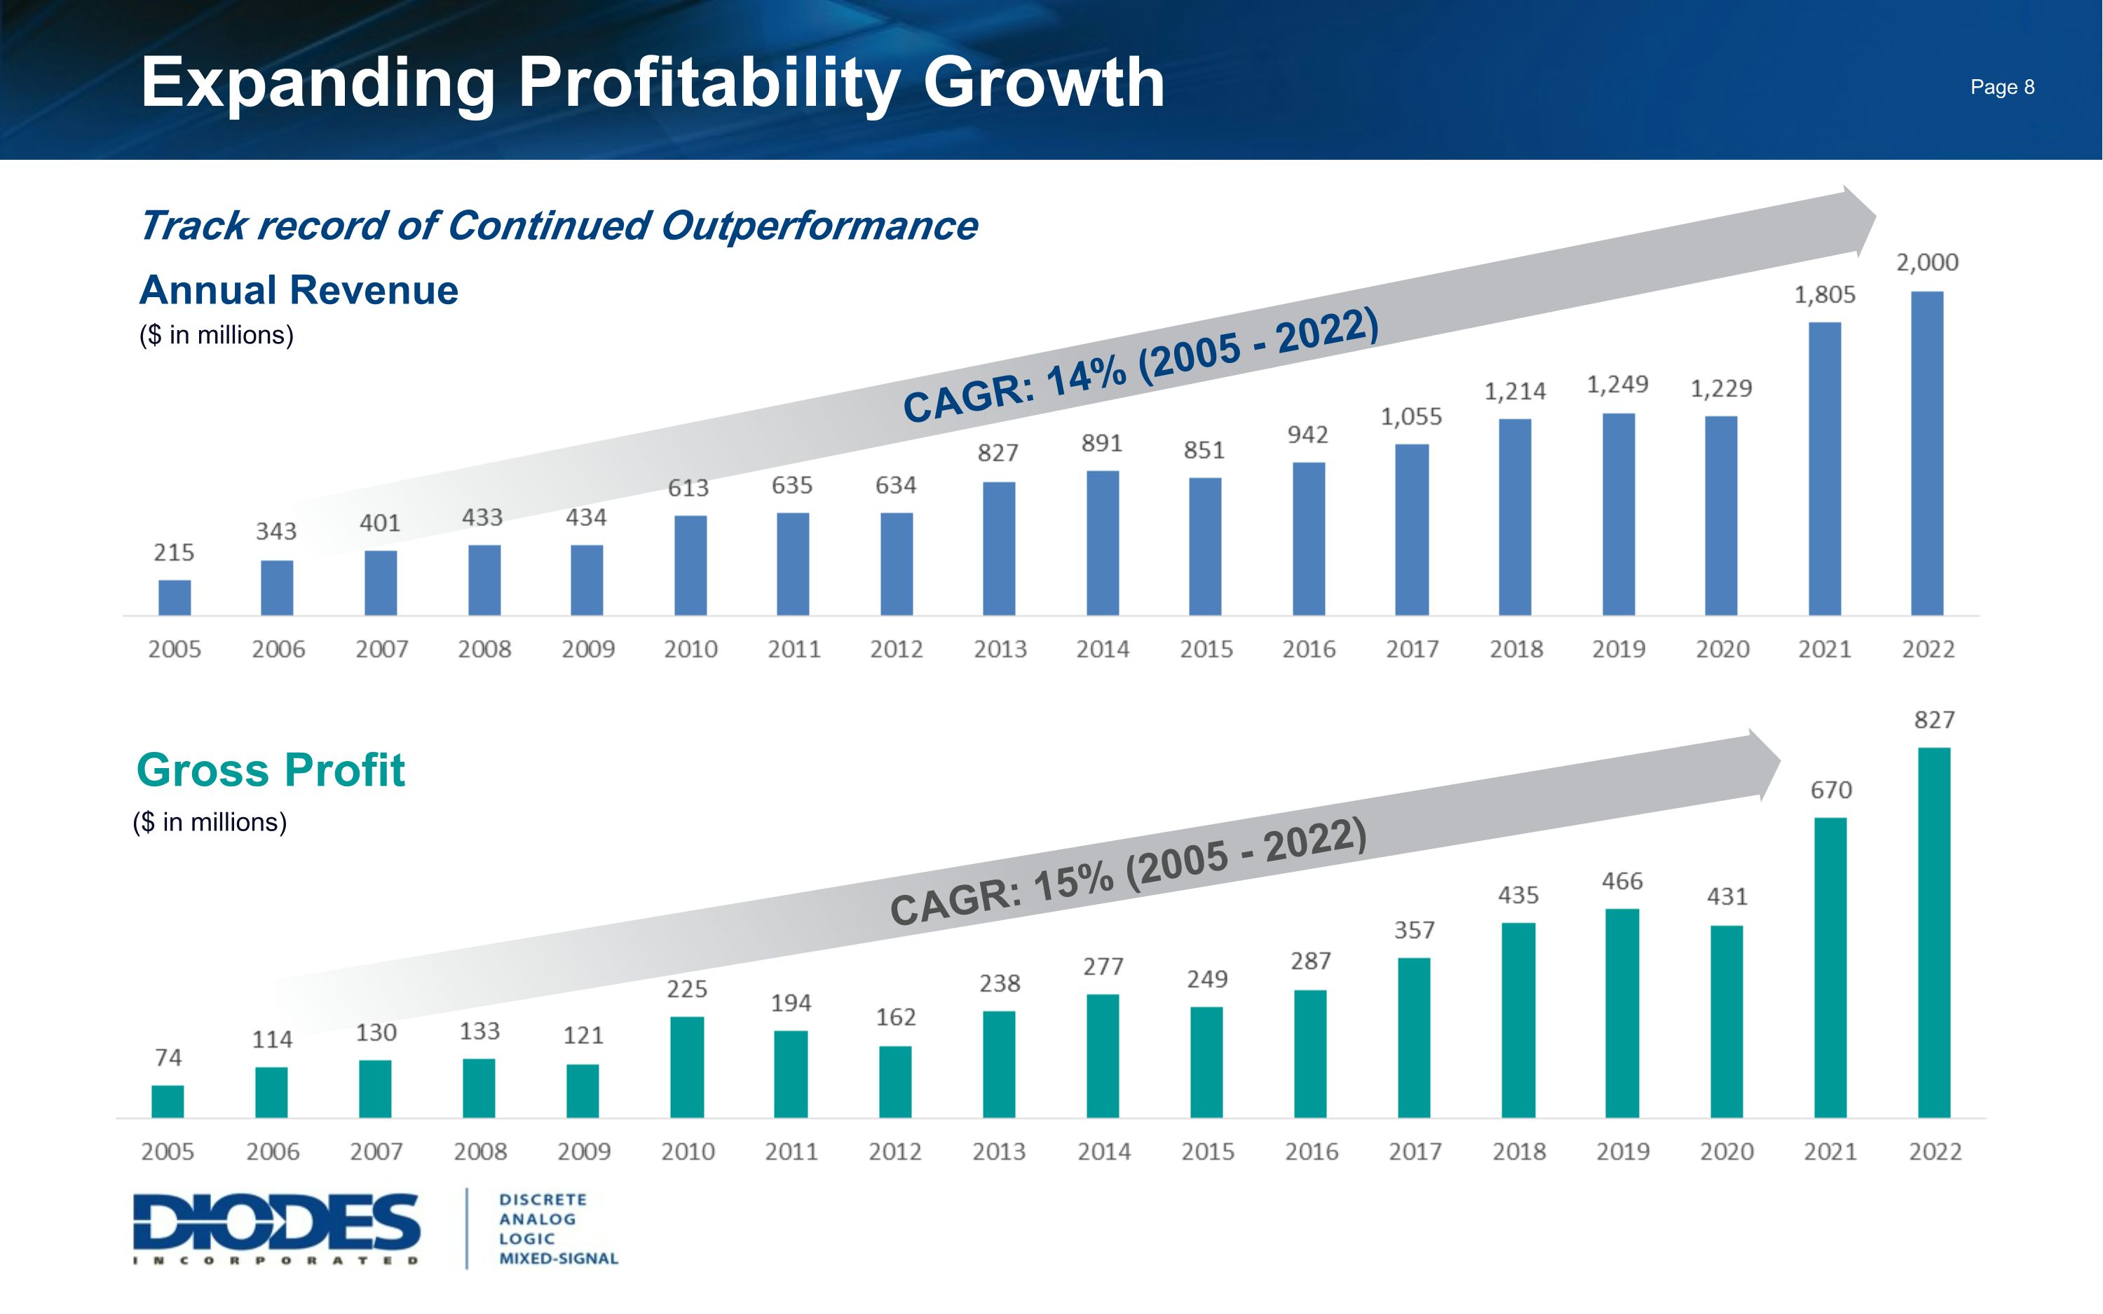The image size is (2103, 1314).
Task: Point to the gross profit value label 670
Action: [x=1831, y=790]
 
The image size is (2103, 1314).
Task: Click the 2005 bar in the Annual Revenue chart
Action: [x=175, y=597]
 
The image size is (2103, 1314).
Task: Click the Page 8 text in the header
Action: [x=2001, y=87]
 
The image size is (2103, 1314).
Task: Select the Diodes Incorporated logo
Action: [x=276, y=1227]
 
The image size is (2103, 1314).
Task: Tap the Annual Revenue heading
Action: [x=298, y=290]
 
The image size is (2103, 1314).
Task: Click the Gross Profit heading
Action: [x=271, y=770]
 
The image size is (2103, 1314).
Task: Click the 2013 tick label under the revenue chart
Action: [x=1000, y=649]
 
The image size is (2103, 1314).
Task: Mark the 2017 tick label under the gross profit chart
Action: [x=1415, y=1151]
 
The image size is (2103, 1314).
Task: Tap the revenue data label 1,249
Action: [x=1617, y=384]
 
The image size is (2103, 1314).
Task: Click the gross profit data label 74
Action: [x=168, y=1058]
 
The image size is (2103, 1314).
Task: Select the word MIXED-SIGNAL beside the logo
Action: [x=558, y=1259]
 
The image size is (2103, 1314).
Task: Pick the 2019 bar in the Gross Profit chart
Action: [x=1621, y=1013]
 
